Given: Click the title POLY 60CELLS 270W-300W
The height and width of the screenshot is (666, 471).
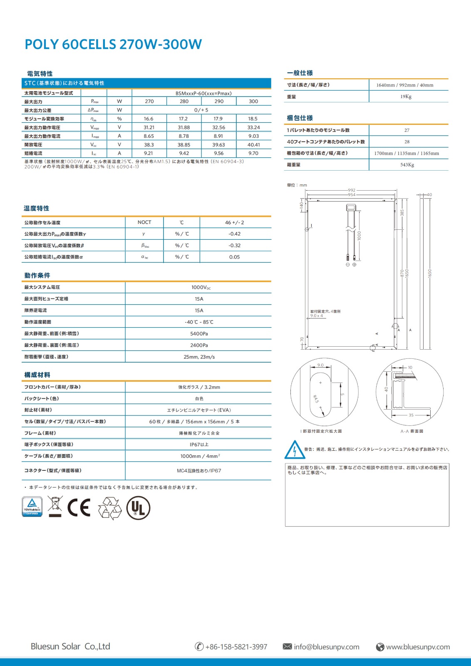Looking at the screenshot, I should click(x=113, y=44).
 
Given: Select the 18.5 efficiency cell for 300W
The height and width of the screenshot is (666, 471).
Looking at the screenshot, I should click(x=253, y=119).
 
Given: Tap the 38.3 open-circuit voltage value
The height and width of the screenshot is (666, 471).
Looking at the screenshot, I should click(x=149, y=145).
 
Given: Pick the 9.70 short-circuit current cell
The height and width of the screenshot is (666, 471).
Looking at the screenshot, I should click(x=253, y=153).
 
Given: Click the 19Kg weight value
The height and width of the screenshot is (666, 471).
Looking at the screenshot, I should click(x=406, y=97).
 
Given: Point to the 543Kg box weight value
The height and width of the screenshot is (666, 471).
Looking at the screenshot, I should click(x=407, y=165).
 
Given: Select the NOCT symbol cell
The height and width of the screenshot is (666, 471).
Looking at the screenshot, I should click(x=144, y=222).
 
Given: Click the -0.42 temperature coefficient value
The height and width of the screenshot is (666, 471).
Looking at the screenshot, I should click(x=235, y=234).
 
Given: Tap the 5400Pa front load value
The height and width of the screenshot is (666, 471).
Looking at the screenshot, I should click(x=199, y=333).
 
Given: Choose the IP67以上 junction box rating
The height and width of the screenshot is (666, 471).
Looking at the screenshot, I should click(x=199, y=445).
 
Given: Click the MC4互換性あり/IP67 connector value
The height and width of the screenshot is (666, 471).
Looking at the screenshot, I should click(x=199, y=471).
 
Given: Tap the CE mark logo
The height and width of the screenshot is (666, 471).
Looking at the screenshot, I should click(x=79, y=507).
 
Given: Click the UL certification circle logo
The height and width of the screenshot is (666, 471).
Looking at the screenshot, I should click(x=138, y=508).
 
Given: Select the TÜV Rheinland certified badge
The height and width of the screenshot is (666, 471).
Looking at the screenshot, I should click(x=32, y=507).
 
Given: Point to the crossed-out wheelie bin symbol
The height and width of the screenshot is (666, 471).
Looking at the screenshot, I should click(x=55, y=507).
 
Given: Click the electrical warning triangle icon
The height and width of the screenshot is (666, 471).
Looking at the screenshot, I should click(x=295, y=450).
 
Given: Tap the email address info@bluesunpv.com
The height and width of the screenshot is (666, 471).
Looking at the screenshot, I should click(x=326, y=647).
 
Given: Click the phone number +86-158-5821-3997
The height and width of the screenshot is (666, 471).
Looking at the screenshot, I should click(x=236, y=647).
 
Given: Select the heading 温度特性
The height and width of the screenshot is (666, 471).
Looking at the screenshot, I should click(x=37, y=208).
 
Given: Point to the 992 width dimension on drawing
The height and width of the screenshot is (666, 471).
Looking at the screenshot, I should click(x=352, y=190).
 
